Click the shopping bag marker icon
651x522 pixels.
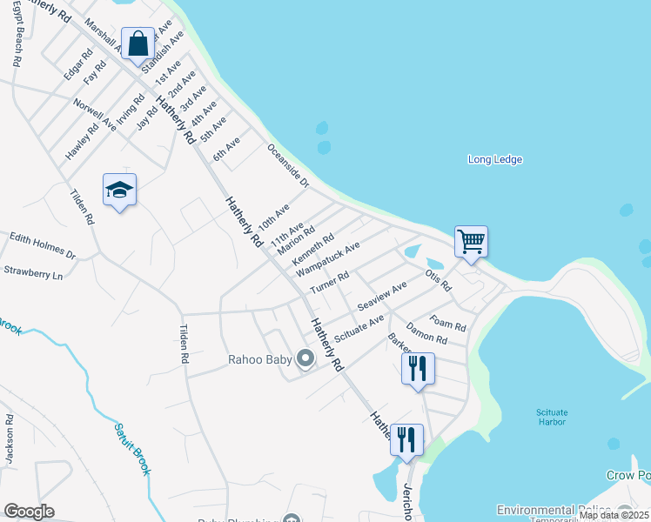138,43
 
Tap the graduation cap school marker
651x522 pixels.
119,191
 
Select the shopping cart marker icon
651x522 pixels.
471,241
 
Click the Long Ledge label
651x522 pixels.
494,159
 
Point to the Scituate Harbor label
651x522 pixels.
551,417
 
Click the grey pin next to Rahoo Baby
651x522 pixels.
305,358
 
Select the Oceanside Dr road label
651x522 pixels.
288,165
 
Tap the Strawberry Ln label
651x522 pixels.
34,272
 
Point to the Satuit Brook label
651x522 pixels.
131,449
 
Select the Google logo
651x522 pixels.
29,512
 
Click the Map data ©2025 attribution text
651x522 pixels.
614,515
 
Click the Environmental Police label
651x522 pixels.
552,509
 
